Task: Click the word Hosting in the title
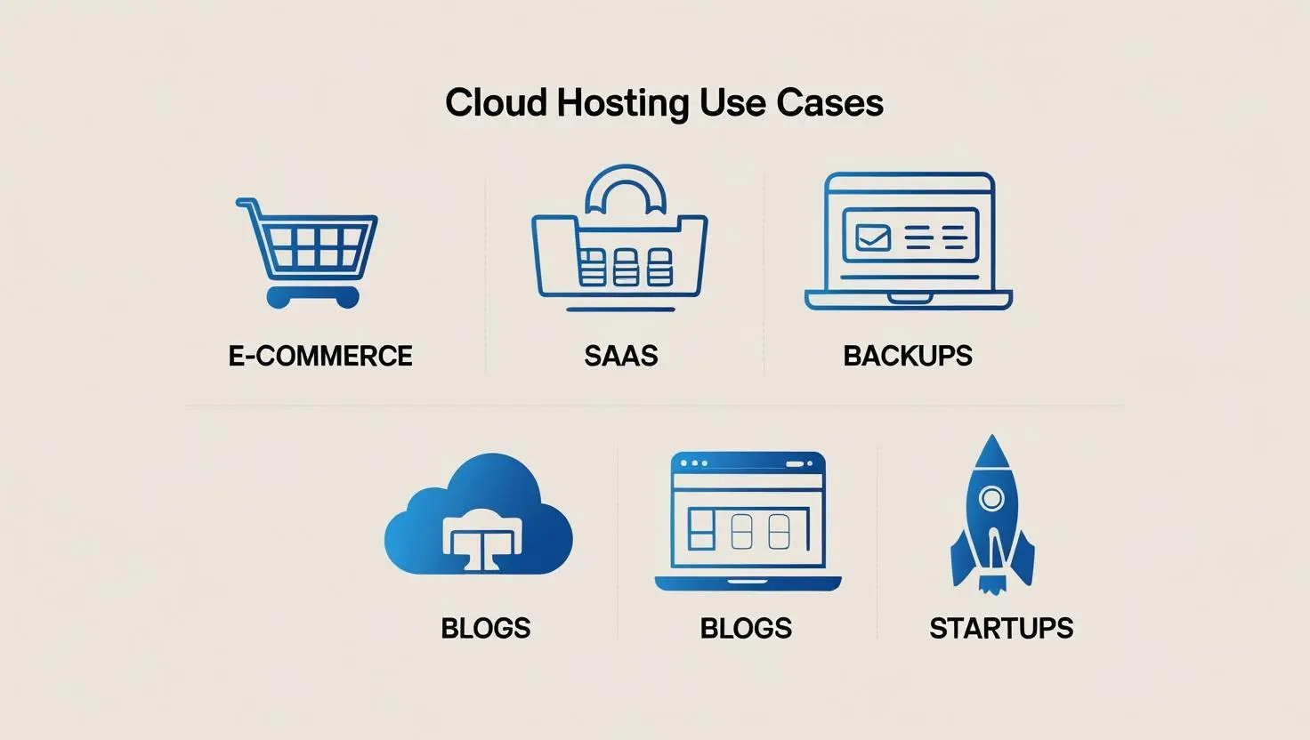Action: coord(622,103)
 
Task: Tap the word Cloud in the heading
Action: coord(495,103)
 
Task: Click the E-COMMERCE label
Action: coord(320,356)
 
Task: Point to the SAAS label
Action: coord(620,356)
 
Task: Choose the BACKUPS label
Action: coord(907,356)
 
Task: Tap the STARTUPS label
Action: coord(1001,628)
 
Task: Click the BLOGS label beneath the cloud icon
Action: coord(486,628)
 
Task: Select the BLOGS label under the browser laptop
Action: coord(746,628)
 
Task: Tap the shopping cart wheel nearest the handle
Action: coord(279,297)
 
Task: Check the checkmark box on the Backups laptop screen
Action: coord(872,237)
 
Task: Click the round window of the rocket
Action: coord(991,498)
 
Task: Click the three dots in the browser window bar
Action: coord(693,463)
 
